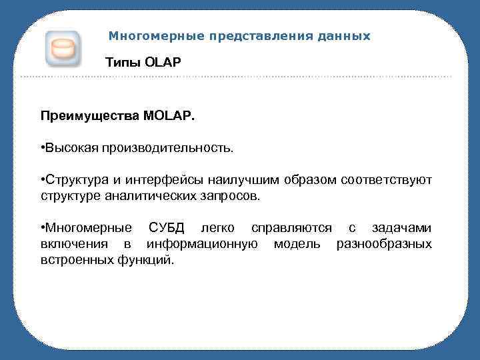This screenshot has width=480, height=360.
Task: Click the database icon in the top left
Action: click(63, 49)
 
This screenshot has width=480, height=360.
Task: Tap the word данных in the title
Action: click(343, 36)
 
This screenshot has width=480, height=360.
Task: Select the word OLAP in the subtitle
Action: click(163, 63)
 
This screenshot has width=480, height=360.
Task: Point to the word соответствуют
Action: click(386, 180)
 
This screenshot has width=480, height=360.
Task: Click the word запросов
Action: click(233, 197)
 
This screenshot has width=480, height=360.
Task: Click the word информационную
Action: click(203, 245)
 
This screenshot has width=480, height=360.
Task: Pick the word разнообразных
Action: click(384, 245)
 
